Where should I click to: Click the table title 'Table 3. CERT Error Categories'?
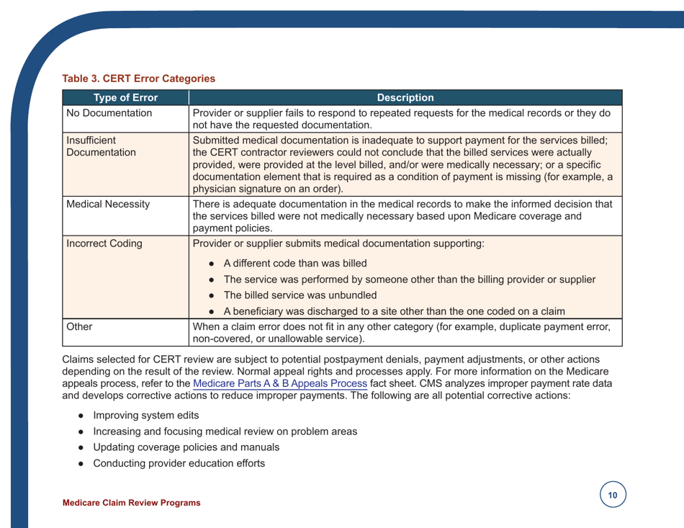coord(139,78)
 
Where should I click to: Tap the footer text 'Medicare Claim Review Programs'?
coord(132,502)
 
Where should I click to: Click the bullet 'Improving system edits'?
coord(141,416)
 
